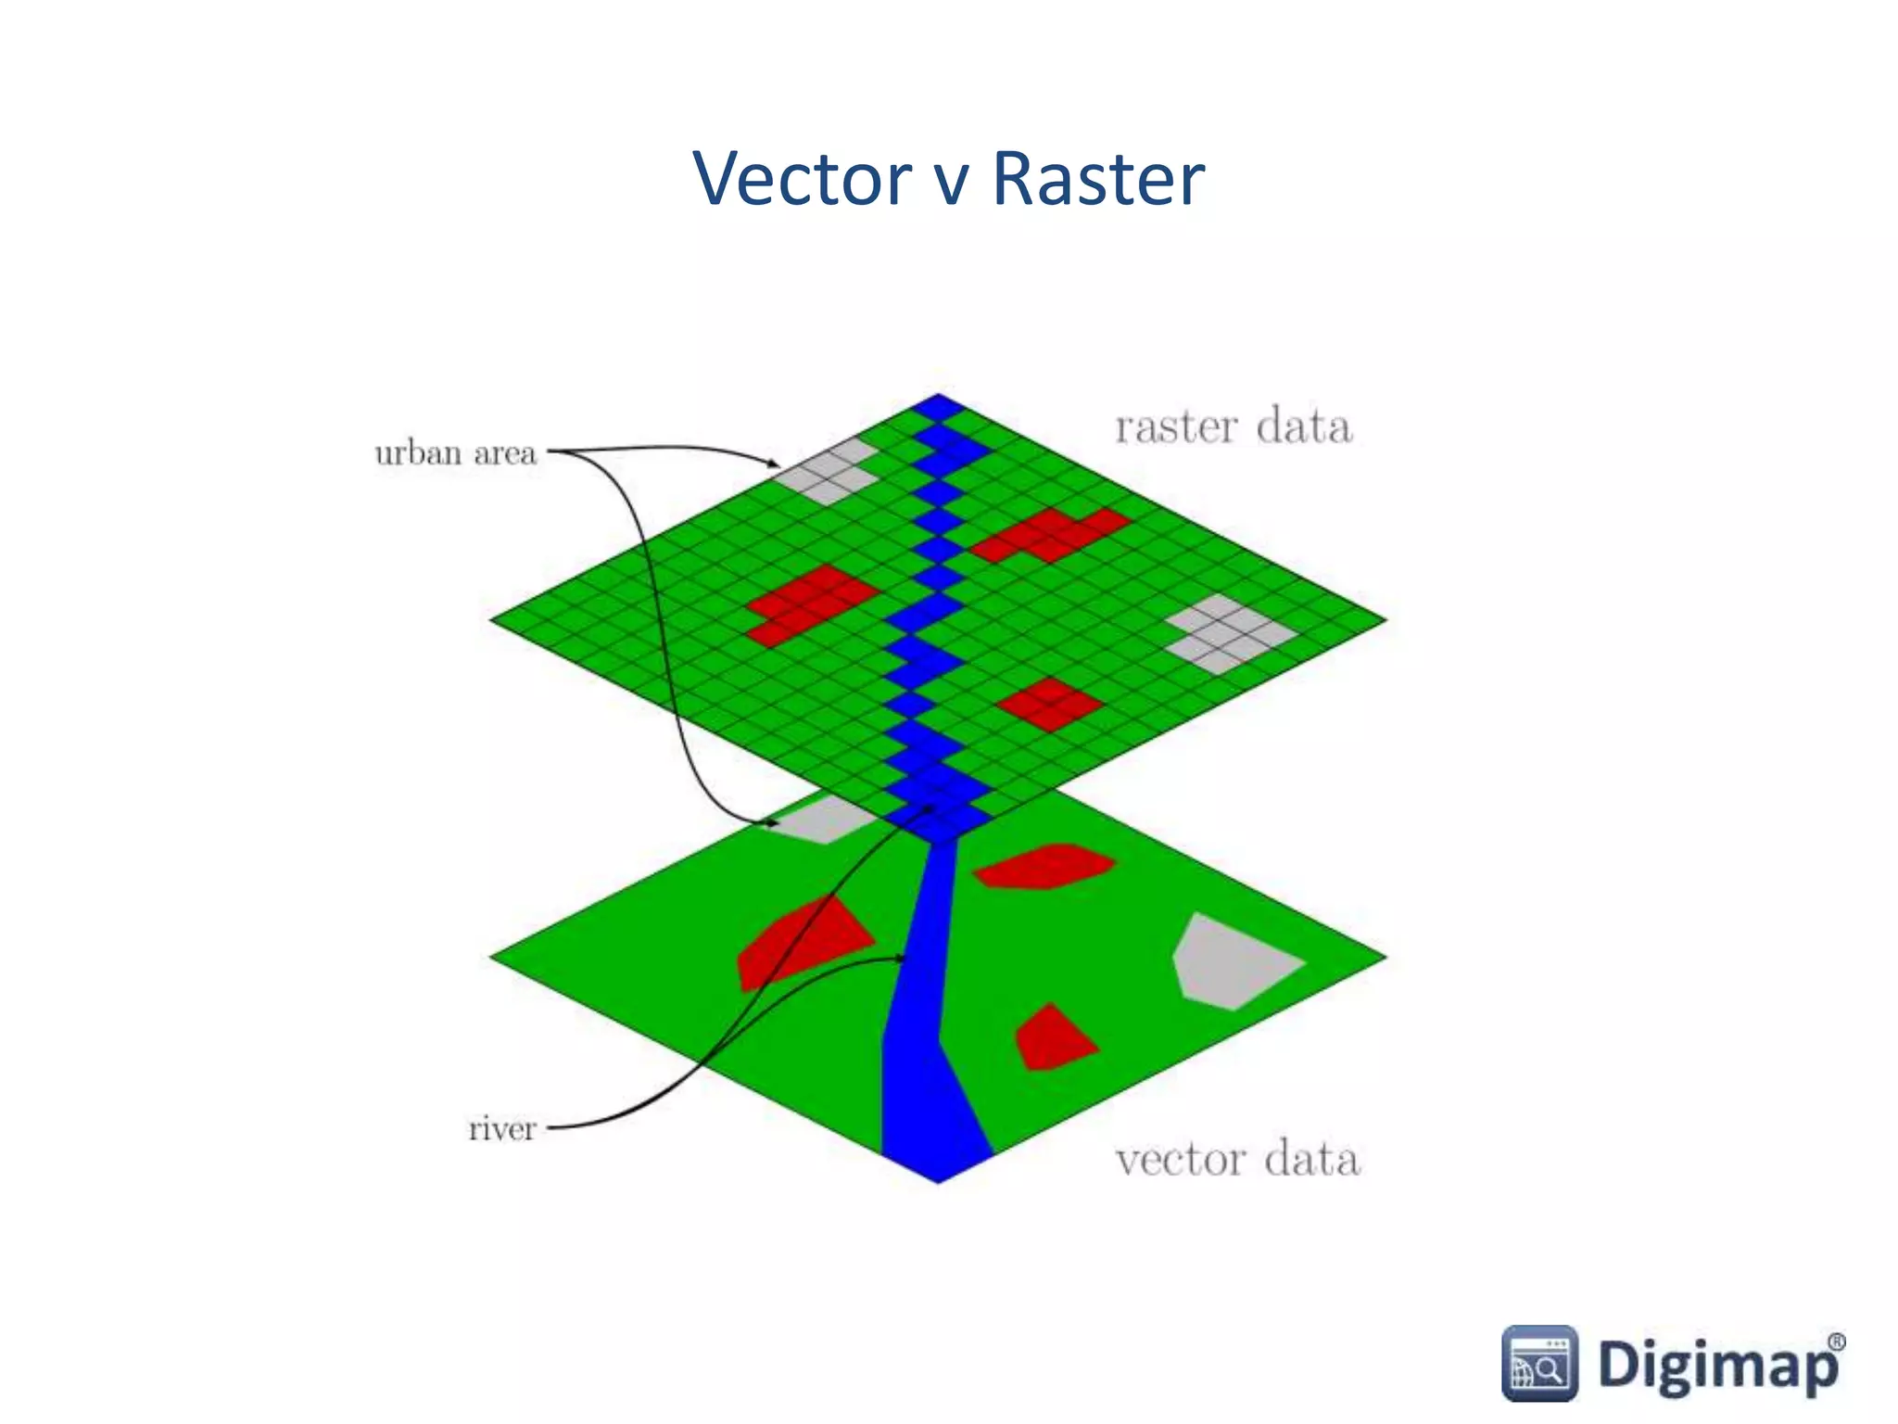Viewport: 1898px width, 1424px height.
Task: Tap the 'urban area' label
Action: tap(455, 453)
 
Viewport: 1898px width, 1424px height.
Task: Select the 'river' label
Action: tap(501, 1129)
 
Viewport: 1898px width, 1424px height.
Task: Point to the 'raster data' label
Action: tap(1233, 427)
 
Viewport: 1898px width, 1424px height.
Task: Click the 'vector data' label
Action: tap(1237, 1160)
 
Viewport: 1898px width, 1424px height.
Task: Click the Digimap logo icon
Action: tap(1538, 1363)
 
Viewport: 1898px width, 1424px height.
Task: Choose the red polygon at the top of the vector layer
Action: tap(1045, 866)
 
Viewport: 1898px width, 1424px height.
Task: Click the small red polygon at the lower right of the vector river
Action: tap(1052, 1040)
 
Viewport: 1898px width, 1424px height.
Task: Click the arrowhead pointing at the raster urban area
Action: tap(775, 463)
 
